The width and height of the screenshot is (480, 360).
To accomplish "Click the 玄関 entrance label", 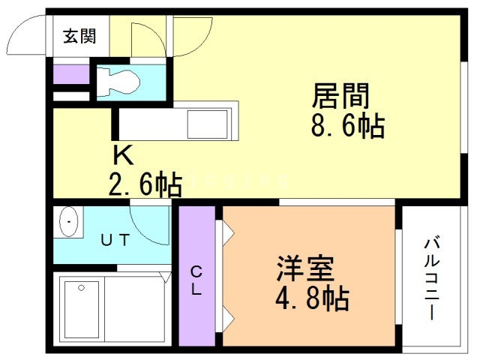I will click(x=79, y=36).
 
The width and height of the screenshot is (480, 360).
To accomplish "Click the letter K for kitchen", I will click(x=123, y=155).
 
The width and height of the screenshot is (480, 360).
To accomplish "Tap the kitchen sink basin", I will click(x=206, y=121).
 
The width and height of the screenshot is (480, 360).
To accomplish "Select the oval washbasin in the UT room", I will click(x=68, y=223).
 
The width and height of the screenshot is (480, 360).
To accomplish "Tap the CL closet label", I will click(x=196, y=280).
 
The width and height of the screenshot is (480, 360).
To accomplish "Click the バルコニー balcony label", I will click(x=431, y=277).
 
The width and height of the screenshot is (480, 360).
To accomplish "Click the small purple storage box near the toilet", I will click(x=70, y=75).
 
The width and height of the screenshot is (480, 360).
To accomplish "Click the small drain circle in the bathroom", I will click(x=80, y=287).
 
